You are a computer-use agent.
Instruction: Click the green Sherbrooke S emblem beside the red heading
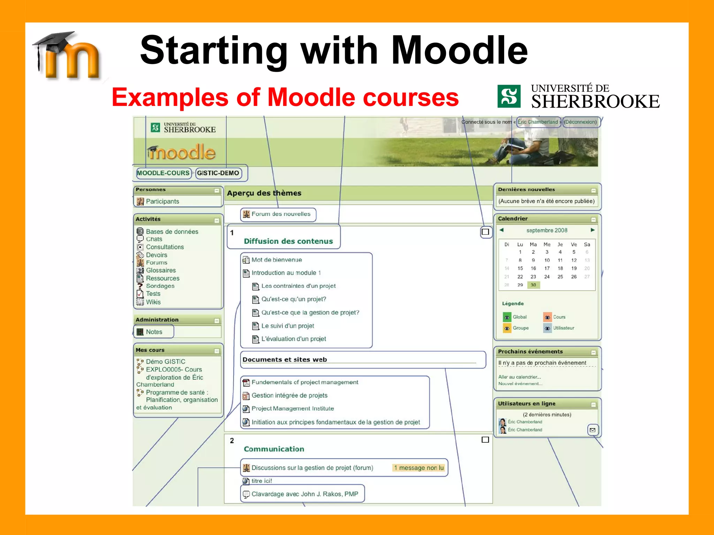tap(509, 96)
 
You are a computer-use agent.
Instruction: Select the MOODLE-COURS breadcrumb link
tap(163, 173)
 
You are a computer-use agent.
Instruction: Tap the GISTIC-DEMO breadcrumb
tap(218, 173)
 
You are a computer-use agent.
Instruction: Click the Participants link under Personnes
tap(162, 201)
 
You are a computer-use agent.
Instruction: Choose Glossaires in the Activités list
tap(161, 270)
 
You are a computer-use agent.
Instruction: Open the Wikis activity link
tap(153, 302)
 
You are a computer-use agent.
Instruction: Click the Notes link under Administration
tap(154, 332)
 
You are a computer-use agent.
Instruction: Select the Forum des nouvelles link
tap(281, 214)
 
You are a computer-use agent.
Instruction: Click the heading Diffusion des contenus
tap(288, 241)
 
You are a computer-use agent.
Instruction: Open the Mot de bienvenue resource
tap(276, 260)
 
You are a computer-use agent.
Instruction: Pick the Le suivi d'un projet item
tap(288, 326)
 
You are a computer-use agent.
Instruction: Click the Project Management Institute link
tap(293, 409)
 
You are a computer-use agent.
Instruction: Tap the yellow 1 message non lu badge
tap(419, 468)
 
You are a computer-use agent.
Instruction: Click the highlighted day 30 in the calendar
tap(533, 285)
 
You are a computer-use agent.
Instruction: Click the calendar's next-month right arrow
tap(592, 230)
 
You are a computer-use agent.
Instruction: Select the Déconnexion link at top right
tap(580, 122)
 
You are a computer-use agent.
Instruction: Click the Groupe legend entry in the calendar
tap(520, 328)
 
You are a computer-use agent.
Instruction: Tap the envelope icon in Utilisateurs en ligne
tap(592, 430)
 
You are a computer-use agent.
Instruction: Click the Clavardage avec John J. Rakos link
tap(304, 494)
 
